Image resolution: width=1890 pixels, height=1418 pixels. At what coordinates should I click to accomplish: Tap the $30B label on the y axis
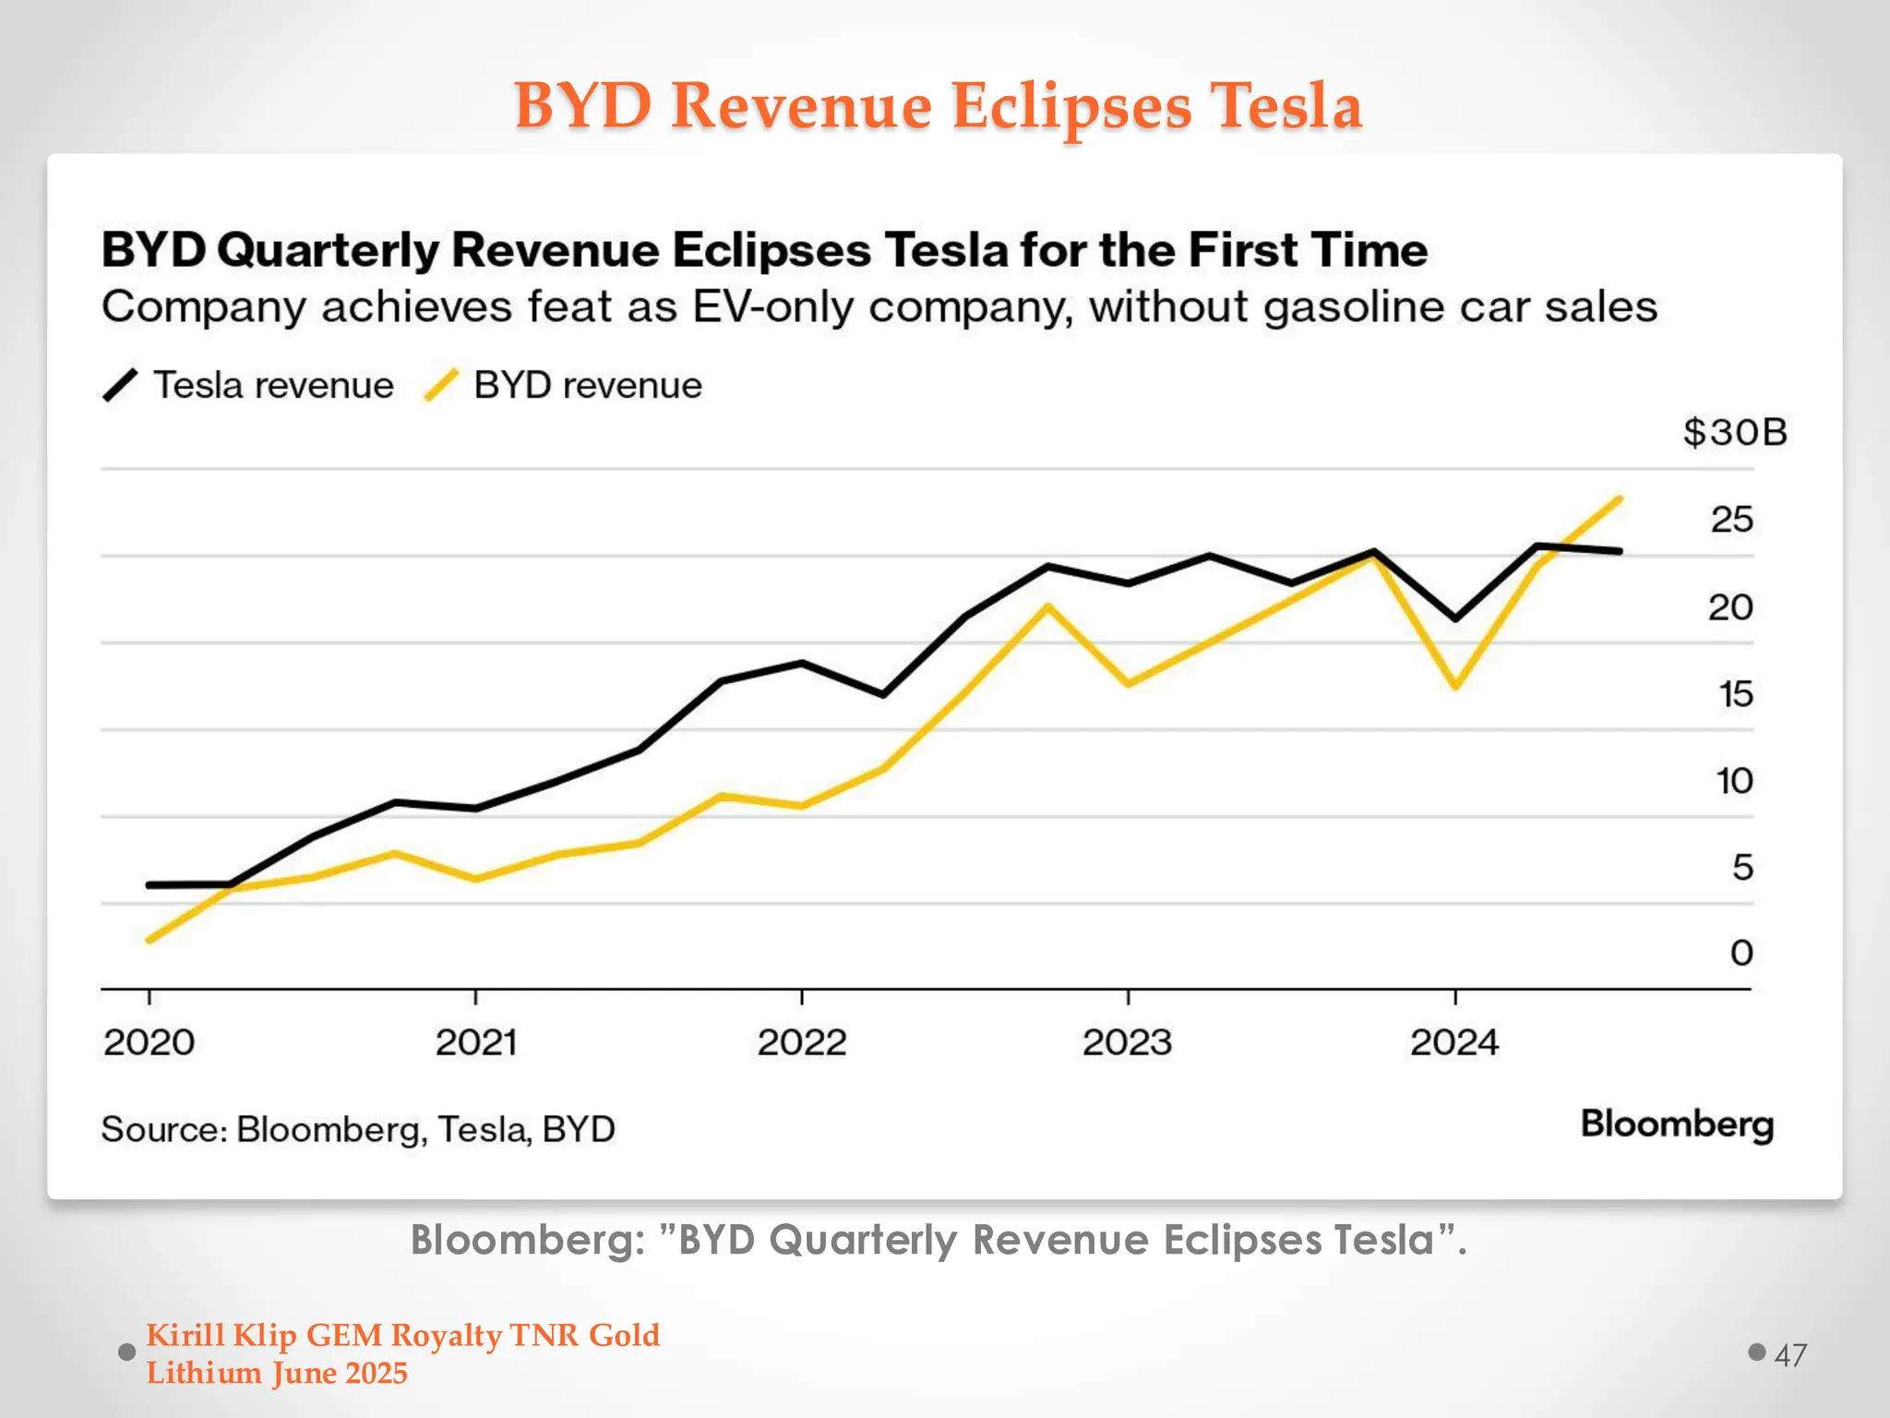point(1734,432)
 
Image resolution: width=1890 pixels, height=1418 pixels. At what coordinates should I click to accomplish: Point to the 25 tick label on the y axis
point(1731,520)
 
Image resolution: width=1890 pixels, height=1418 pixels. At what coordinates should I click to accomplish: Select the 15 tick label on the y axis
point(1735,694)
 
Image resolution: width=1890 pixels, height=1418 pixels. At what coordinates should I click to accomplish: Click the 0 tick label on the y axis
point(1741,953)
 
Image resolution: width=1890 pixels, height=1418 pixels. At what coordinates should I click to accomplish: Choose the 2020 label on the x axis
point(149,1043)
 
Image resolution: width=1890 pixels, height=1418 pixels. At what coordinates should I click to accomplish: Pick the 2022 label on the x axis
point(801,1043)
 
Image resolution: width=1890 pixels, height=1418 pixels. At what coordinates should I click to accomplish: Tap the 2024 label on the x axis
point(1454,1043)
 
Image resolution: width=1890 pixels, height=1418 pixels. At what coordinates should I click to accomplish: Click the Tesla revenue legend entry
point(273,385)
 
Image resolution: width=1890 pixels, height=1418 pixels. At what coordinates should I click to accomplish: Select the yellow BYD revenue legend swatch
point(441,385)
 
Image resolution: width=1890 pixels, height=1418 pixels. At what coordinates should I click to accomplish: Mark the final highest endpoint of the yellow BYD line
point(1620,499)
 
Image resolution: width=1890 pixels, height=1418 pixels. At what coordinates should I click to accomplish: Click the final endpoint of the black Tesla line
point(1620,551)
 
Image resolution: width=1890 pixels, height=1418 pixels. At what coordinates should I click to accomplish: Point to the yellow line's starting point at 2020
point(150,940)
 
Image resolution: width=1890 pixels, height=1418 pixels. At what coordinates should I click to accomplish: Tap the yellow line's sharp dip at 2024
point(1455,686)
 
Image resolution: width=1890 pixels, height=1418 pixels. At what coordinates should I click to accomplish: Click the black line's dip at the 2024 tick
point(1455,618)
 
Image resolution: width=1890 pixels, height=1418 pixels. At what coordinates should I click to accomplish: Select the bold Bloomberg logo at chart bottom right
point(1677,1124)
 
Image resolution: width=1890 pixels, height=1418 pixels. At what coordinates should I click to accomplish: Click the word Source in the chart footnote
point(161,1129)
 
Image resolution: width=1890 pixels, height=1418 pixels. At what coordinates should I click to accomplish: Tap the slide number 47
point(1789,1355)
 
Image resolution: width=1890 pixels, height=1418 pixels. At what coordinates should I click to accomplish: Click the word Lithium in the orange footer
point(203,1374)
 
